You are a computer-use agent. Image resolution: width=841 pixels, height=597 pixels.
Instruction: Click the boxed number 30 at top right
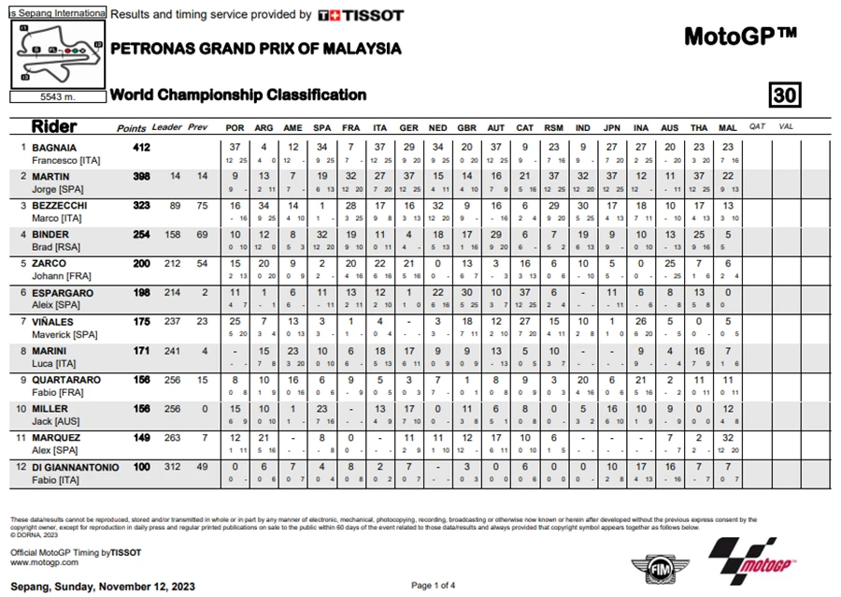[x=784, y=95]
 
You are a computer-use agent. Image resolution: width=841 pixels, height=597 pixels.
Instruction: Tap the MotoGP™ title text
[x=740, y=36]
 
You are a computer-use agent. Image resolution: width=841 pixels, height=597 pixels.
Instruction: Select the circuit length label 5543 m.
[x=57, y=96]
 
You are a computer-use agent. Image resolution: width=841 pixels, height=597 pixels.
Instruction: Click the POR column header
[x=235, y=127]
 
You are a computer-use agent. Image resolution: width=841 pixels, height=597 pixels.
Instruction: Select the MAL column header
[x=728, y=127]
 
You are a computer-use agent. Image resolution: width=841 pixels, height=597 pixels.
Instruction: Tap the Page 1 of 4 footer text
[x=433, y=586]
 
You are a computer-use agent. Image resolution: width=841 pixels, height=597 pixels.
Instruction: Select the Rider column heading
[x=54, y=126]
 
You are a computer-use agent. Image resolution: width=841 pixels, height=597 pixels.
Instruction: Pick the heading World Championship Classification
[x=237, y=95]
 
